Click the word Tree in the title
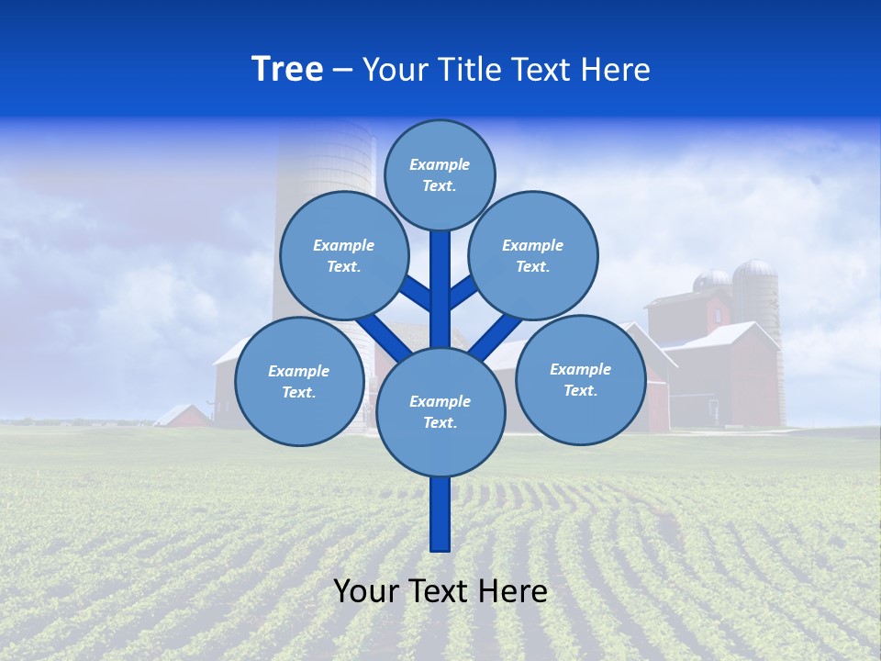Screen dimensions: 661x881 click(287, 70)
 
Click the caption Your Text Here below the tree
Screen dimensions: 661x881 click(440, 591)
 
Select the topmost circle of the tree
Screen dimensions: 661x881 click(440, 174)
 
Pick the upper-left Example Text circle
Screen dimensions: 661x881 click(344, 255)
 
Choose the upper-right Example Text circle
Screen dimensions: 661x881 click(533, 255)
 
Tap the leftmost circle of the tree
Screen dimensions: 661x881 click(299, 381)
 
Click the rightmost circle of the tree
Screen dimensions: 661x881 click(580, 379)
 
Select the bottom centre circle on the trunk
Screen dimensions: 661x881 click(440, 411)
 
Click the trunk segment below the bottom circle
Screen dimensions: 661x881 click(440, 514)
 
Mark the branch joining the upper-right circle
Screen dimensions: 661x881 click(463, 292)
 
